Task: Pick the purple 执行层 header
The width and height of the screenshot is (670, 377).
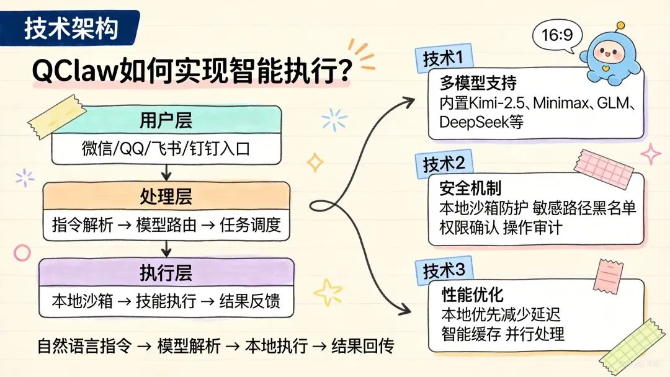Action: [x=166, y=273]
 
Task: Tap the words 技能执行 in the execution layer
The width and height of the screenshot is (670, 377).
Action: [x=166, y=301]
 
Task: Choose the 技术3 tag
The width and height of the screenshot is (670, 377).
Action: [x=444, y=271]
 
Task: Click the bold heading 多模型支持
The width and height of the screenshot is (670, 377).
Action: [x=470, y=83]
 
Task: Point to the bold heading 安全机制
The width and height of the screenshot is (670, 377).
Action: [x=470, y=188]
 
